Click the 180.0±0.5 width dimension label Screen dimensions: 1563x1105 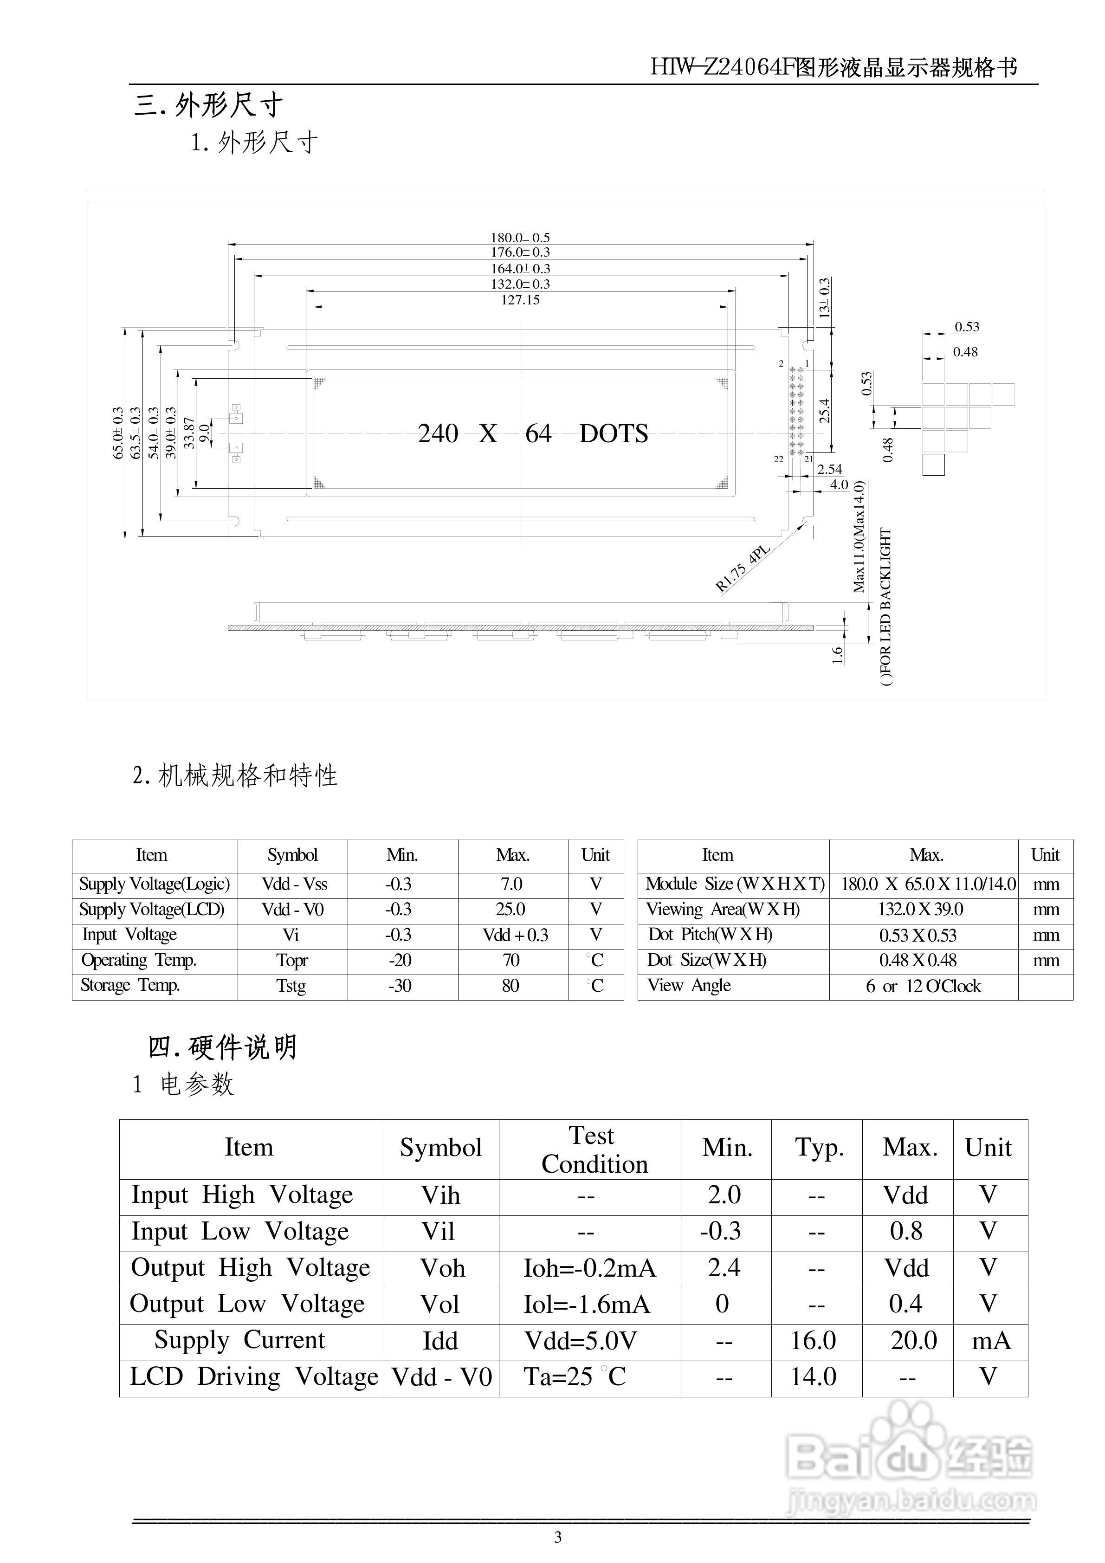[x=520, y=238]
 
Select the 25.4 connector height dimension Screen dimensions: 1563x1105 [x=825, y=411]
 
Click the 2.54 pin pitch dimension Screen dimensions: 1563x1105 [x=829, y=469]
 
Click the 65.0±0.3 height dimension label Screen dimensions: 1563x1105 [x=118, y=433]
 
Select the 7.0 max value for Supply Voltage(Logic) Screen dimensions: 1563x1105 [x=511, y=885]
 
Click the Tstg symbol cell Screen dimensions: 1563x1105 [x=291, y=986]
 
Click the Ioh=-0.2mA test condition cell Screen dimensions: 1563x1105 [x=589, y=1268]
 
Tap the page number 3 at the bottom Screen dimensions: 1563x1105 [x=558, y=1537]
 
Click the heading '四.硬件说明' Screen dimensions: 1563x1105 [x=223, y=1047]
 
